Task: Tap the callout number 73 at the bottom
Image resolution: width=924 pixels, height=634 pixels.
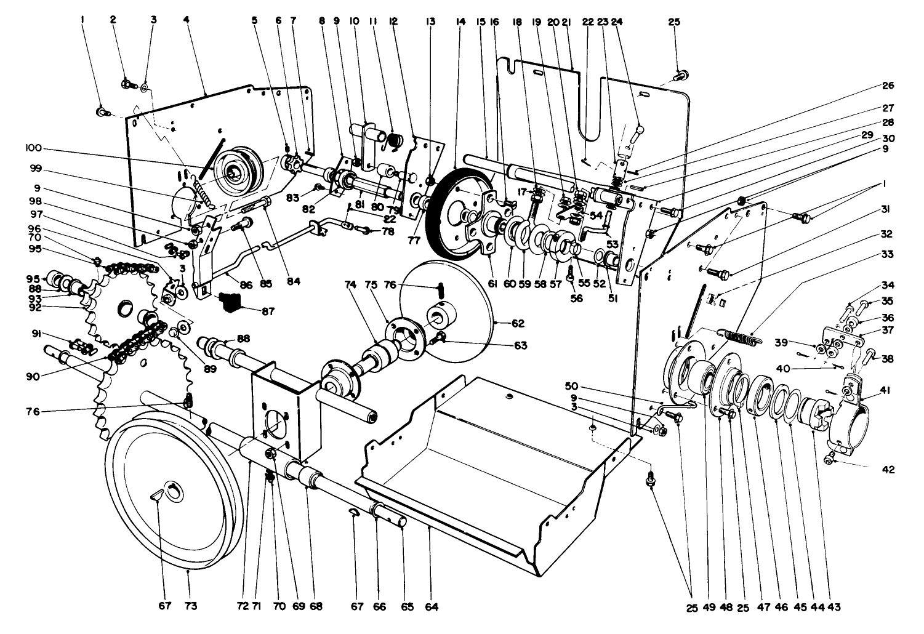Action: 190,606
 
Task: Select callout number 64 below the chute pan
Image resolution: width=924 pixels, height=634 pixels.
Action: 432,606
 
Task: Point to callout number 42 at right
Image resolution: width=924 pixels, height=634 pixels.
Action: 887,469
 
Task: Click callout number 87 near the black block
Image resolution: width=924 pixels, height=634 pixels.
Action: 268,311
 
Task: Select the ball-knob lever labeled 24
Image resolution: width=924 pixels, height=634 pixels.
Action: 638,130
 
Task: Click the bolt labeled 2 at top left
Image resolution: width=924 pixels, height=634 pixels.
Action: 126,82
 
